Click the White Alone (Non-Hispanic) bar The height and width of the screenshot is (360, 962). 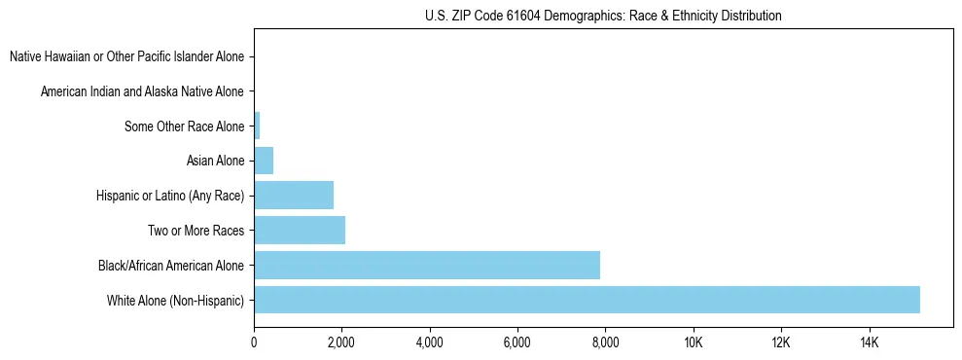point(587,300)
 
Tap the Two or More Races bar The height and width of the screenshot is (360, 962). point(300,230)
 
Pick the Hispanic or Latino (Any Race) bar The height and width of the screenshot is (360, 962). point(294,195)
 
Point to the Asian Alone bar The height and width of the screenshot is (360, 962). point(264,161)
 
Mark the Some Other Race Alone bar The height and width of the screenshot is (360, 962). point(257,126)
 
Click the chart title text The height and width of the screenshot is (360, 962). point(603,16)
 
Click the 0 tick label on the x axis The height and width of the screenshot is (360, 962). point(254,342)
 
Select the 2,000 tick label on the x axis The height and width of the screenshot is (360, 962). point(341,342)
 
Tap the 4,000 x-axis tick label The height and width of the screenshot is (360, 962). point(429,342)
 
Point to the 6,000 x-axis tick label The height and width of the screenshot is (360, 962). point(517,342)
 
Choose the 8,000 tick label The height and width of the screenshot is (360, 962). point(605,342)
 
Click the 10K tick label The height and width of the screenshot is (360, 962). point(693,342)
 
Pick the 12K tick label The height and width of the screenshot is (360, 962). point(781,342)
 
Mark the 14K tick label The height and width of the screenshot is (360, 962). point(869,342)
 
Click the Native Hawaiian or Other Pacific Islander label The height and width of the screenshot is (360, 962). point(126,56)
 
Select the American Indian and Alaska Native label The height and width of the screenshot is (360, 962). point(142,91)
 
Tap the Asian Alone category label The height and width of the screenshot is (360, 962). point(215,161)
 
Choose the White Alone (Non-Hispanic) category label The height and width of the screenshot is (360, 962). point(175,300)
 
